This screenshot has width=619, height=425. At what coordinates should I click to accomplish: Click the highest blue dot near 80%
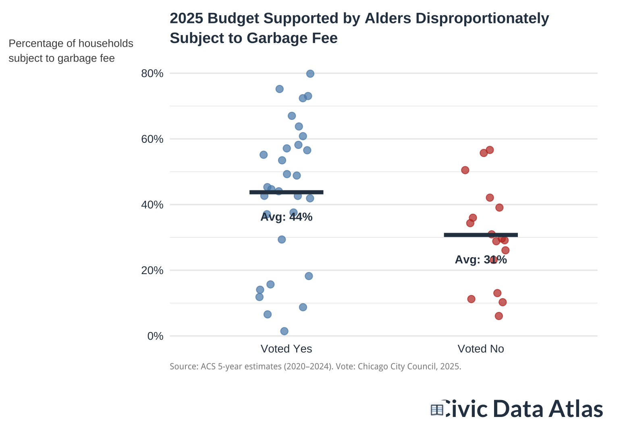coord(310,74)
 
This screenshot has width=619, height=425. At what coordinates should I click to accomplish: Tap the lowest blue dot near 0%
coord(284,331)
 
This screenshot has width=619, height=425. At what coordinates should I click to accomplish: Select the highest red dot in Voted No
coord(490,150)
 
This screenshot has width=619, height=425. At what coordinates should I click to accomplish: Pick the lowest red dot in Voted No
coord(499,316)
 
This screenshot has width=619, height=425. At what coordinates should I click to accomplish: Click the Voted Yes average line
coord(286,192)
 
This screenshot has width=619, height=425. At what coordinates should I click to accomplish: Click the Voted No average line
coord(480,235)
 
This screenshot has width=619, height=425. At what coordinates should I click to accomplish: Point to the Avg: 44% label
coord(286,217)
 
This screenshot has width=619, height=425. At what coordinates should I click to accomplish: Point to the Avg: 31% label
coord(480,260)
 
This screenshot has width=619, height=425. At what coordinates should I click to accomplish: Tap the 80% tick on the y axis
coord(152,74)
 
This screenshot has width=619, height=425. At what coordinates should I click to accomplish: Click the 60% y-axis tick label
coord(152,139)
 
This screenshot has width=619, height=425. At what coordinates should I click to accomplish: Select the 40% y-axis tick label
coord(152,205)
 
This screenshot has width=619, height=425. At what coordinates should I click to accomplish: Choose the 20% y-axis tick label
coord(152,270)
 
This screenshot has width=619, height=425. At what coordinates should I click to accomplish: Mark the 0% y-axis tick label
coord(155,336)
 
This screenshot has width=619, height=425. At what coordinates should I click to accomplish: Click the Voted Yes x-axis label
coord(286,349)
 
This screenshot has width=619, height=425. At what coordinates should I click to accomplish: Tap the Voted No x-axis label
coord(480,349)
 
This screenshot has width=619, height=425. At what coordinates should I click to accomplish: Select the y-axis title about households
coord(71,51)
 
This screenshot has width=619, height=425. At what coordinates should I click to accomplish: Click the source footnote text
coord(315,367)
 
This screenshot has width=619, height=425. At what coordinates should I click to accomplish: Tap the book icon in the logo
coord(437,410)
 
